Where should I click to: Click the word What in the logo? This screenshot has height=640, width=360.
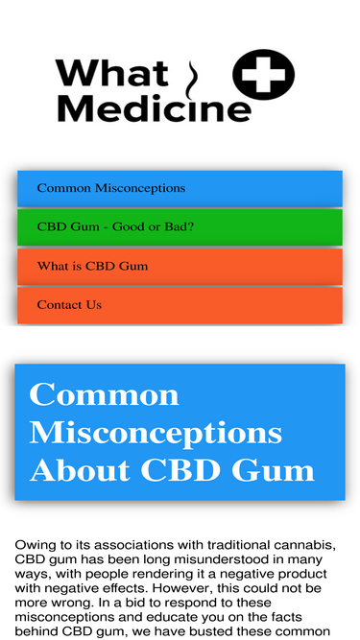[111, 73]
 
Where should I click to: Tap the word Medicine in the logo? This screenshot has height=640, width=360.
[154, 108]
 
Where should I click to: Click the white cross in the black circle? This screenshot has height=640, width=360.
[263, 75]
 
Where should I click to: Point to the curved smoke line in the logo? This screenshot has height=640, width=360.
[191, 81]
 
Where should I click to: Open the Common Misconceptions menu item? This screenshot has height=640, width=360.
[180, 188]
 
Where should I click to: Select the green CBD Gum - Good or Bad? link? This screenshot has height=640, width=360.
[180, 227]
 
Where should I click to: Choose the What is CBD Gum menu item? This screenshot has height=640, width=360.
[180, 266]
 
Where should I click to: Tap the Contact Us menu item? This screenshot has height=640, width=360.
[180, 305]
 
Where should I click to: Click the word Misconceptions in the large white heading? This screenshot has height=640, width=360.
[156, 433]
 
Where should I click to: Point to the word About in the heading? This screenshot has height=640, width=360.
[80, 470]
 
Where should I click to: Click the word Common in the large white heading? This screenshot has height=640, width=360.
[104, 394]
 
